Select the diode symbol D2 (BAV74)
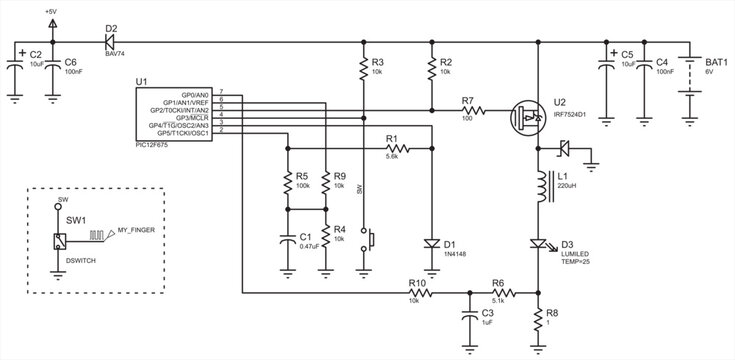tap(108, 43)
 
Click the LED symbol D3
tap(538, 244)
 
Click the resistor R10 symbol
tap(418, 294)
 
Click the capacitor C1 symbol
tap(288, 241)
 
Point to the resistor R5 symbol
tap(288, 182)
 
